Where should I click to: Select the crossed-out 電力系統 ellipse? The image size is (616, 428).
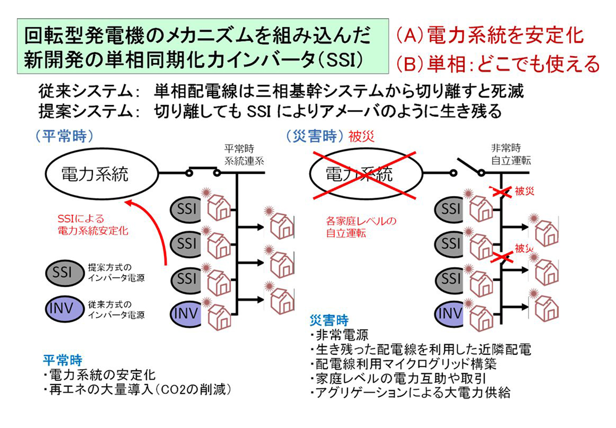tap(359, 174)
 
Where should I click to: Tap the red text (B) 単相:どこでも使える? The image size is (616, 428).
tap(498, 64)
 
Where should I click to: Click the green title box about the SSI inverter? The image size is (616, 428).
tap(203, 46)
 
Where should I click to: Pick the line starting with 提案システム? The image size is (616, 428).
tap(269, 112)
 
